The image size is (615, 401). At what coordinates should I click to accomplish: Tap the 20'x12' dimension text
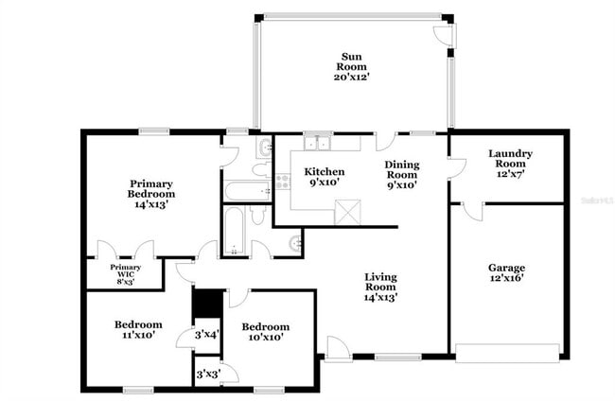350,77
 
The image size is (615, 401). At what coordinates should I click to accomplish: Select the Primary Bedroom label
152,188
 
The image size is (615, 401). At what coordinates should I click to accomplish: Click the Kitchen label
324,171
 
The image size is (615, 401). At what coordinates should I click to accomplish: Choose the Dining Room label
401,169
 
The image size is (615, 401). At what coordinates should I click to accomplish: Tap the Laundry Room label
510,158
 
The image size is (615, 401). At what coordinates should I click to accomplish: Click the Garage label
506,267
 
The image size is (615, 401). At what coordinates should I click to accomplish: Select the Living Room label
380,281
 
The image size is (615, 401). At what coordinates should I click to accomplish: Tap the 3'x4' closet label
206,334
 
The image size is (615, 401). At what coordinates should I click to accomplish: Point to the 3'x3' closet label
206,375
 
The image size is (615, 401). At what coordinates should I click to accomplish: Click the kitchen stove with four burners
281,181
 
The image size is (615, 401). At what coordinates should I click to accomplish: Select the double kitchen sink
318,144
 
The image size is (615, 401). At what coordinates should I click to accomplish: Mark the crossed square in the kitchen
347,212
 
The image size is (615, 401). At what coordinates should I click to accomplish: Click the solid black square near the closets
206,303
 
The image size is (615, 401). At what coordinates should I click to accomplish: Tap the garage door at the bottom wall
507,358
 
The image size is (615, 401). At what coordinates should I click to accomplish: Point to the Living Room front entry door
338,348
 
